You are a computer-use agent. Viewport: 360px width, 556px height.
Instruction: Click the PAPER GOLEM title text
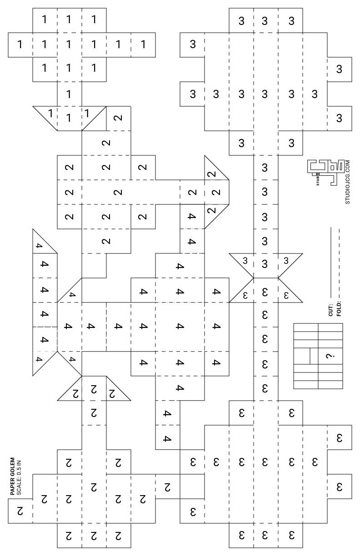(x=12, y=476)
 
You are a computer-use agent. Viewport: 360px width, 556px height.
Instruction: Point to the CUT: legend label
(x=330, y=309)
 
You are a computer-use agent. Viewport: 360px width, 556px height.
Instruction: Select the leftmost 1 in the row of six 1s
(x=20, y=45)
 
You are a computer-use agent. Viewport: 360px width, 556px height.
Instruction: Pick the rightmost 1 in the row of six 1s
(x=143, y=45)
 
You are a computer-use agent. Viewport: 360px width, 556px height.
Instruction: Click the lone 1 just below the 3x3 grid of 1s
(x=69, y=94)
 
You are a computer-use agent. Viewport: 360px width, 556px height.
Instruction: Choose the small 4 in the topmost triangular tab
(x=39, y=246)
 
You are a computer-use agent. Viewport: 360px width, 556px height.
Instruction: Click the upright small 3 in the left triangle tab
(x=245, y=261)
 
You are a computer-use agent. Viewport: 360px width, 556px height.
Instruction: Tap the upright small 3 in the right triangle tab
(x=286, y=261)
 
